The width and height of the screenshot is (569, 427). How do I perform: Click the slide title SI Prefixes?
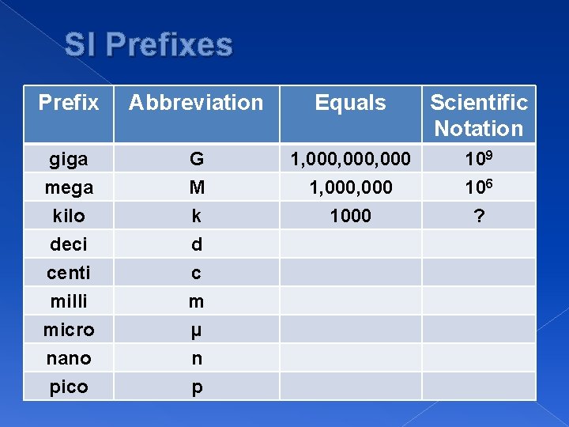pos(149,45)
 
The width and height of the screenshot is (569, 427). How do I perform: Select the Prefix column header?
pos(69,103)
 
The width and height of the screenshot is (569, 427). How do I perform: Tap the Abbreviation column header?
pos(196,103)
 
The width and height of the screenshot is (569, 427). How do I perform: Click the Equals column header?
pos(350,103)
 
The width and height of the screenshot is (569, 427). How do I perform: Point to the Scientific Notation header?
pos(479,115)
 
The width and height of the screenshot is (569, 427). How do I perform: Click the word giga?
pos(69,159)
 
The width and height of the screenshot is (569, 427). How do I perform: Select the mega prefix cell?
pos(69,187)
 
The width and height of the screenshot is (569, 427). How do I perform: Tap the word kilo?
pos(69,216)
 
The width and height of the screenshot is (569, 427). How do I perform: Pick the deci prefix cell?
pos(69,244)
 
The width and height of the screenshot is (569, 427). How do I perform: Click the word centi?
pos(69,273)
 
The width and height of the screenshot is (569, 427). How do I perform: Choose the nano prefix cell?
pos(69,358)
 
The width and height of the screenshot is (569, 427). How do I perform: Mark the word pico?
pos(69,387)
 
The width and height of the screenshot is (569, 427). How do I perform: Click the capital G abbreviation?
pos(196,159)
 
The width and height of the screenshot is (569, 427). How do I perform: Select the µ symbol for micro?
pos(196,330)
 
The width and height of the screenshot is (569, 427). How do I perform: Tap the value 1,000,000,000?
pos(350,159)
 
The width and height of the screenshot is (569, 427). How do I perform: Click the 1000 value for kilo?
pos(350,216)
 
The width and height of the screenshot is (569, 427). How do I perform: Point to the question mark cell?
pos(479,216)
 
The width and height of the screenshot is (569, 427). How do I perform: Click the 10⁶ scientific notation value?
pos(479,187)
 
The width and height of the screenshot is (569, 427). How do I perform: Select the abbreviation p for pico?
pos(196,387)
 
